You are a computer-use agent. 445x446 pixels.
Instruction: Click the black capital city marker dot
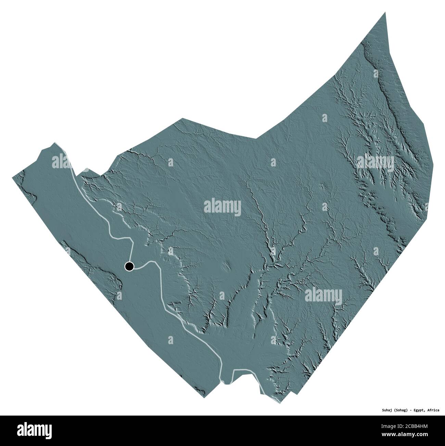[129, 266]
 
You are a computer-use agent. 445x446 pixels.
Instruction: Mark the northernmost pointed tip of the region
[385, 13]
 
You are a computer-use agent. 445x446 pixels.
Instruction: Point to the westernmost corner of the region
[13, 177]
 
